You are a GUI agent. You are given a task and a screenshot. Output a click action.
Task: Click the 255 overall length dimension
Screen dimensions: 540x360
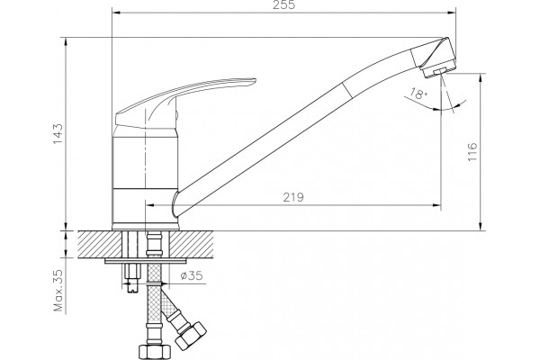point(284,5)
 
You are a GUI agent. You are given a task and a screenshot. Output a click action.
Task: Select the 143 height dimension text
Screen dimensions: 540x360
point(58,134)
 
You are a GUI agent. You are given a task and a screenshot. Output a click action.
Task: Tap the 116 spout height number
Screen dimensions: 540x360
point(472,151)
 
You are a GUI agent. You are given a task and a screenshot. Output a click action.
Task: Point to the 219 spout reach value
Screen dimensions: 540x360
point(293,197)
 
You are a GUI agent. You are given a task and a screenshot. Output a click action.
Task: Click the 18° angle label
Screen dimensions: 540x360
point(418,94)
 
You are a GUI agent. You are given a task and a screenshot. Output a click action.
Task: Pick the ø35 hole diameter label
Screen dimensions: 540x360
point(192,275)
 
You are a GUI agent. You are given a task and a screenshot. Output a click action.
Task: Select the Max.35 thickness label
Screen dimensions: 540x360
point(59,291)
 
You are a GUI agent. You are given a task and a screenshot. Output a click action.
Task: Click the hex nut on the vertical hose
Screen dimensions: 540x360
point(155,351)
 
